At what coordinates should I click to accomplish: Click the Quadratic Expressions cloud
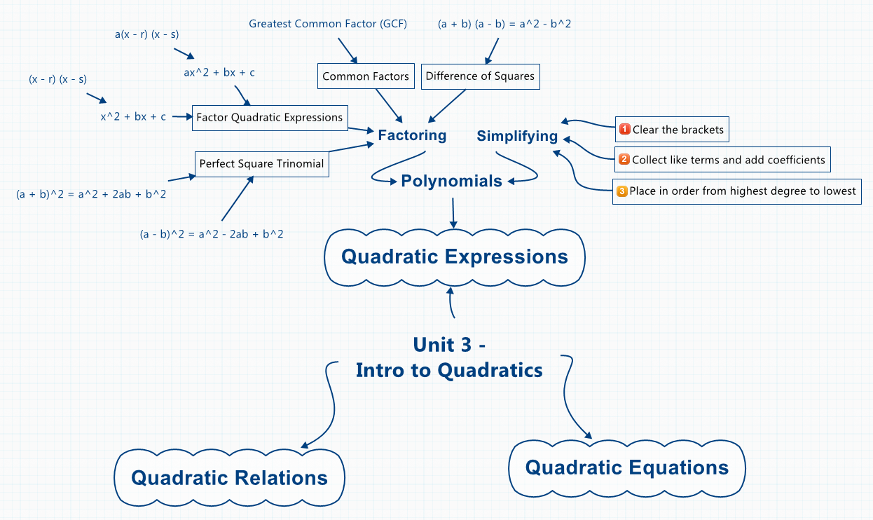[x=455, y=256]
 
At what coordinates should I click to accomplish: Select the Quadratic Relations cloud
[x=229, y=478]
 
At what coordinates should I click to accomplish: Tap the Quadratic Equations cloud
[x=626, y=467]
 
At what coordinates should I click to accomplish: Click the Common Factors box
[x=365, y=76]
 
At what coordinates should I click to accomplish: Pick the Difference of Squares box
[x=480, y=76]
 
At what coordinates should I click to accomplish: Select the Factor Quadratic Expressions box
[x=270, y=117]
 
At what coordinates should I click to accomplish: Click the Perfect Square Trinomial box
[x=261, y=163]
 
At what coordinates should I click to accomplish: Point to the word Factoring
[x=412, y=135]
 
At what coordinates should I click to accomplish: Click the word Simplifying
[x=517, y=136]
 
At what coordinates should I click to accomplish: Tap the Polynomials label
[x=451, y=182]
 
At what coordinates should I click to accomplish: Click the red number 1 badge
[x=625, y=130]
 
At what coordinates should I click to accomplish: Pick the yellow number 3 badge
[x=621, y=191]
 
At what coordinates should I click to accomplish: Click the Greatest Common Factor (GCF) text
[x=328, y=24]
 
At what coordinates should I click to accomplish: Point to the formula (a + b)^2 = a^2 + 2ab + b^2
[x=91, y=194]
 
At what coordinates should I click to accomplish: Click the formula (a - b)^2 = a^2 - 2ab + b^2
[x=212, y=234]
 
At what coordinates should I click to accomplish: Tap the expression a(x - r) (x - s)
[x=147, y=33]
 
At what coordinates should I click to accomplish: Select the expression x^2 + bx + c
[x=133, y=117]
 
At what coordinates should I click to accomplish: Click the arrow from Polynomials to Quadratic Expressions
[x=453, y=212]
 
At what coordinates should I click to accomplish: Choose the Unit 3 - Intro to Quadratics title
[x=449, y=357]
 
